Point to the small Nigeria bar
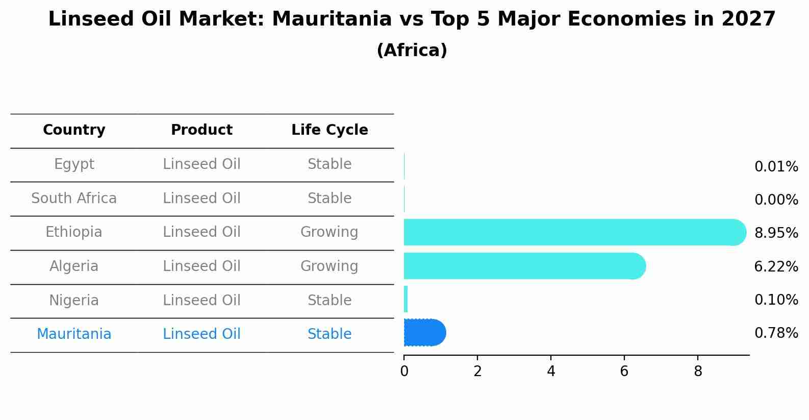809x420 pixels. (x=406, y=299)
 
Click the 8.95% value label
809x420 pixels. (x=776, y=233)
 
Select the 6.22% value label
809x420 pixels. (x=776, y=266)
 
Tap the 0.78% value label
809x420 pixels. (x=776, y=333)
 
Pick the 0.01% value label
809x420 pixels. (x=776, y=167)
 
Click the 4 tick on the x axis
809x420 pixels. (x=551, y=372)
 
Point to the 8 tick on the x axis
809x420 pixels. (x=698, y=372)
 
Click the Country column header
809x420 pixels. (x=74, y=130)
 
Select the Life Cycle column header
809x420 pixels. (x=330, y=130)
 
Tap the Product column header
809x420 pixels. (x=201, y=130)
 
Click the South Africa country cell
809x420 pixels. (x=74, y=199)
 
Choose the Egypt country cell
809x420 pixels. (x=74, y=164)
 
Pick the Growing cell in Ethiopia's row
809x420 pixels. (x=330, y=232)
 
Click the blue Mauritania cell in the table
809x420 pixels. (x=74, y=334)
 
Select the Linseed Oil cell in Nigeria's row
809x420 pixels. (x=201, y=300)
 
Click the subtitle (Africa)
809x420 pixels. (x=412, y=51)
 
